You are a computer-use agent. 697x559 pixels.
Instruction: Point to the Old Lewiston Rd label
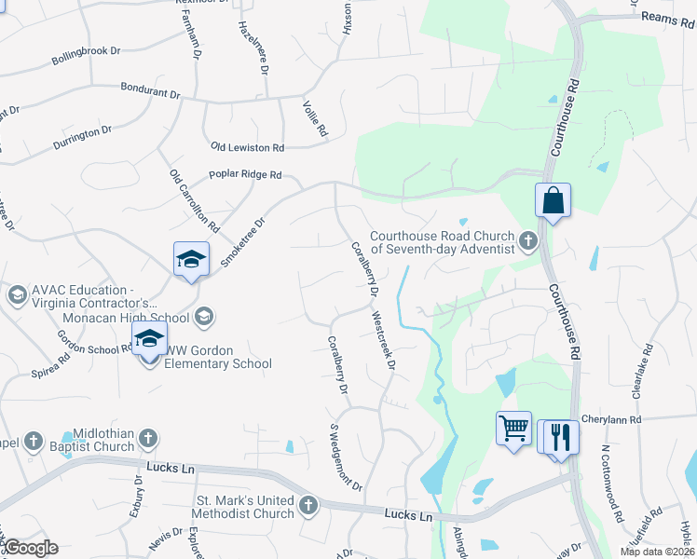click(x=247, y=148)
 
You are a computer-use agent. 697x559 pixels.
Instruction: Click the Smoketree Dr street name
click(x=243, y=242)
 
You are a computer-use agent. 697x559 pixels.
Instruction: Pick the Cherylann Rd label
click(x=611, y=420)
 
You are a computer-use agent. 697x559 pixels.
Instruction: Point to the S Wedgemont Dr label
click(x=345, y=457)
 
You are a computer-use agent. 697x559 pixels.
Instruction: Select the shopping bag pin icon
click(x=553, y=200)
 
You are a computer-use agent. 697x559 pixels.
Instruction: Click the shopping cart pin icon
click(x=513, y=429)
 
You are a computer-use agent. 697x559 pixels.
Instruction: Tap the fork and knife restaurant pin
click(x=560, y=435)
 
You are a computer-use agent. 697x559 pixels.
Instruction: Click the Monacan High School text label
click(x=140, y=318)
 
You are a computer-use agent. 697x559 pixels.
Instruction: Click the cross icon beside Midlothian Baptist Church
click(x=33, y=440)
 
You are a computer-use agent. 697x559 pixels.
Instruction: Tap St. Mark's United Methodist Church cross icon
click(x=308, y=507)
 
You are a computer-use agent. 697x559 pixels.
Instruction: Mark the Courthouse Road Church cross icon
click(x=528, y=242)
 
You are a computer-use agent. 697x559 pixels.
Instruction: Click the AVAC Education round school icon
click(x=16, y=296)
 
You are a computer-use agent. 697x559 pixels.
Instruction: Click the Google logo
click(x=30, y=548)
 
